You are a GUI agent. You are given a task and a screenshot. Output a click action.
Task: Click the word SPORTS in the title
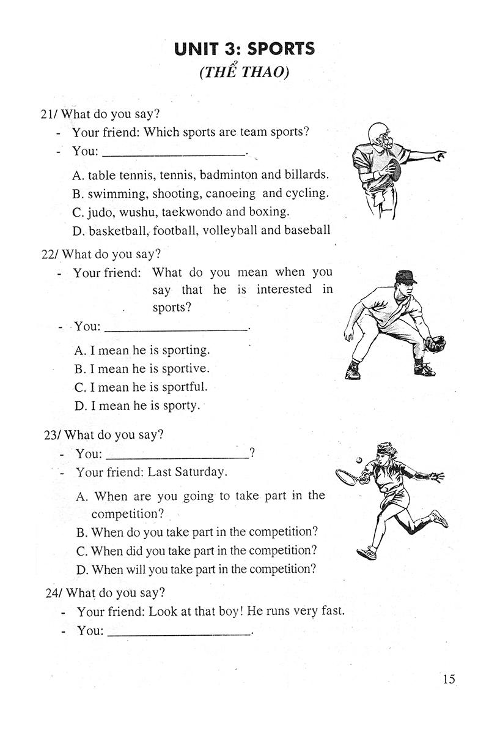(x=282, y=48)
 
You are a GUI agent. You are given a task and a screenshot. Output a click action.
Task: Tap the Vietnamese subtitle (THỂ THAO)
(x=244, y=72)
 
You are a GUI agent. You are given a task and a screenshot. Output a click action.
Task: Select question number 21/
(x=50, y=114)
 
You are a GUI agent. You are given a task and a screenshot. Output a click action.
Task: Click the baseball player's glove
(x=435, y=343)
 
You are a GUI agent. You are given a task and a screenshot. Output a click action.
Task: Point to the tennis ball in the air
(x=359, y=458)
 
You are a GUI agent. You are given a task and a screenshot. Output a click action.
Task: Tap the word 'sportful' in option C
(x=184, y=387)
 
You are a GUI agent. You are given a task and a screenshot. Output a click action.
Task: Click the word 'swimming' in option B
(x=116, y=193)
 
